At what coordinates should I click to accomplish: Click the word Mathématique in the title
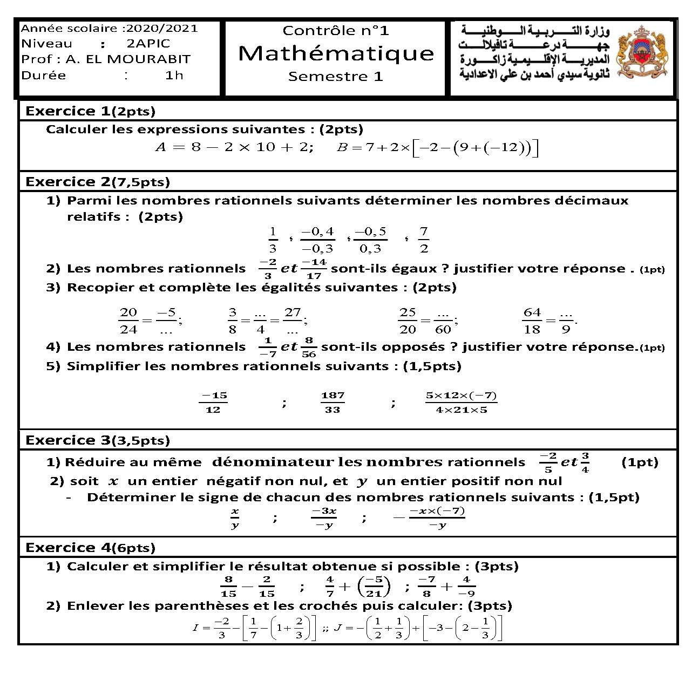(336, 53)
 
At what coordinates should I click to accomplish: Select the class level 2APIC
(148, 44)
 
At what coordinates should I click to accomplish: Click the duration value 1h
(174, 76)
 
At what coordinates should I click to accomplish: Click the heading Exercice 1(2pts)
(90, 112)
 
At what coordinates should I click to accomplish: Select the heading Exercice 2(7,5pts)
(98, 182)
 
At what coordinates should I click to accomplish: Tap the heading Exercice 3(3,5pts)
(98, 441)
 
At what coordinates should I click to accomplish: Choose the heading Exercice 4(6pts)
(90, 548)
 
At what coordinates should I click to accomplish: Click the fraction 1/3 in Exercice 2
(273, 240)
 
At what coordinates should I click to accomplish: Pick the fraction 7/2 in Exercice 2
(424, 240)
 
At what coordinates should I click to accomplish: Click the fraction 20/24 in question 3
(128, 321)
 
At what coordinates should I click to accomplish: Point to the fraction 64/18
(532, 321)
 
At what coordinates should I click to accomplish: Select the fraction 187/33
(333, 403)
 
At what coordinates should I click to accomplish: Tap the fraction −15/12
(213, 403)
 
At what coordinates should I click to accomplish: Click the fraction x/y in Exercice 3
(235, 518)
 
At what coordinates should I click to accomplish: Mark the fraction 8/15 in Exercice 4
(228, 587)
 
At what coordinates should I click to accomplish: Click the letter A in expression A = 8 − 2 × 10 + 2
(161, 147)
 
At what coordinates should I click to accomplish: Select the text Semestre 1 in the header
(335, 77)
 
